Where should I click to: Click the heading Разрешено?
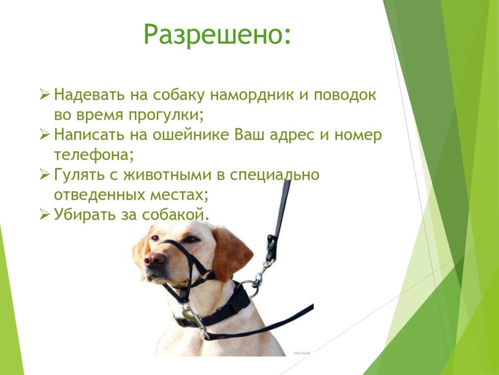coord(217,35)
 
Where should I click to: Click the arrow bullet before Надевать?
coord(44,95)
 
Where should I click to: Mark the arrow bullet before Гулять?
coord(44,175)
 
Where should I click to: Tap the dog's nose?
coord(155,259)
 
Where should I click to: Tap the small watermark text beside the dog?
coord(302,353)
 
